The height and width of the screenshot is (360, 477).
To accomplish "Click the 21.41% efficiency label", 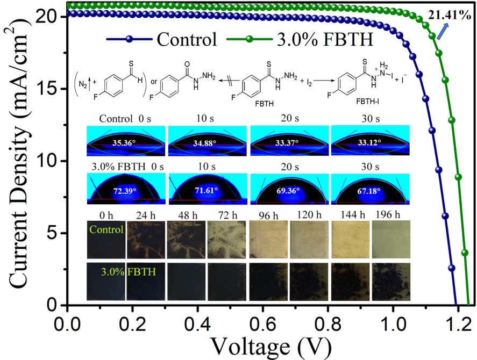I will pyautogui.click(x=450, y=15).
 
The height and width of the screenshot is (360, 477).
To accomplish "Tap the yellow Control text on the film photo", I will pyautogui.click(x=106, y=229).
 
